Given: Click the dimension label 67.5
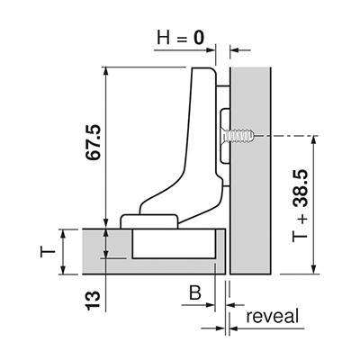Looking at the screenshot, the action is click(94, 142).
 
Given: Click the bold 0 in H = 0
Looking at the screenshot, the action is click(199, 39).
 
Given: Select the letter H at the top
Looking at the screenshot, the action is click(164, 39).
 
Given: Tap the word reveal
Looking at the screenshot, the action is click(273, 316).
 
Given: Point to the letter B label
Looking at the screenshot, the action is click(194, 292).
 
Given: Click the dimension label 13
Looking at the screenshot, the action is click(93, 301).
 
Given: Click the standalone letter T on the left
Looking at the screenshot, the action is click(48, 253).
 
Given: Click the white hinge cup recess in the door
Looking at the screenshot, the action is click(174, 243).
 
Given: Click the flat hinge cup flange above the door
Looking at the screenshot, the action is click(149, 221).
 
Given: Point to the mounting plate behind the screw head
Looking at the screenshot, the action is click(225, 137).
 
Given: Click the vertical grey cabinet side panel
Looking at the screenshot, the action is click(250, 170).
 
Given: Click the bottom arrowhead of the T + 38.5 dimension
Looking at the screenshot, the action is click(314, 269).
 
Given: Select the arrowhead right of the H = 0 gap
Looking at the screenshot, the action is click(234, 50).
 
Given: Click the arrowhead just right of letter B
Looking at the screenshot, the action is click(211, 305).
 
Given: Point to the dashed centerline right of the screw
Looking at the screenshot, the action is click(286, 136).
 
